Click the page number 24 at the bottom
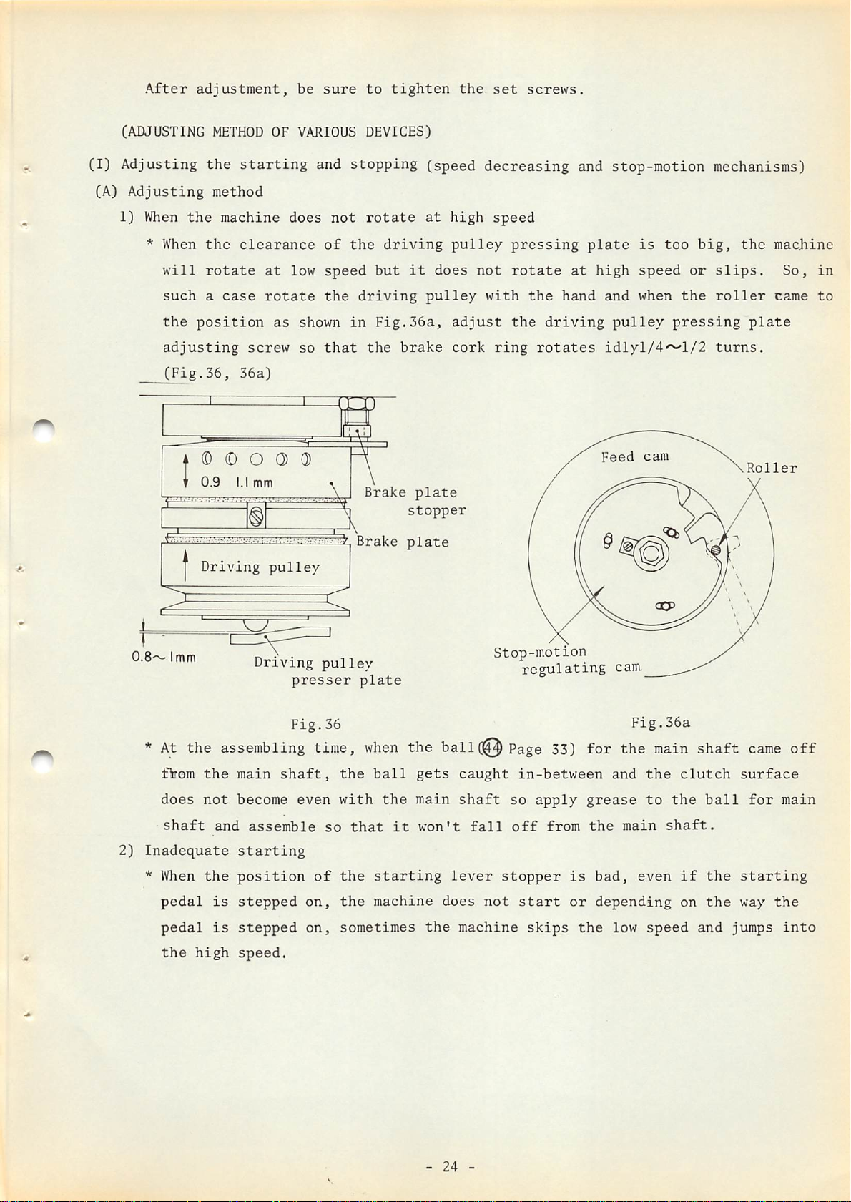[450, 1167]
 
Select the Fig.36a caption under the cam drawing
[661, 723]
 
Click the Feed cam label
[635, 456]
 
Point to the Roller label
[772, 468]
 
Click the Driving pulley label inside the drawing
[260, 567]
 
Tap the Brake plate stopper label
[415, 501]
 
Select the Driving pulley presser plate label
[328, 672]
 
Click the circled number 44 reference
[493, 748]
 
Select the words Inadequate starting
[225, 851]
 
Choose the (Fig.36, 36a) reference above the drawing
[217, 373]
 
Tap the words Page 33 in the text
[538, 749]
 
